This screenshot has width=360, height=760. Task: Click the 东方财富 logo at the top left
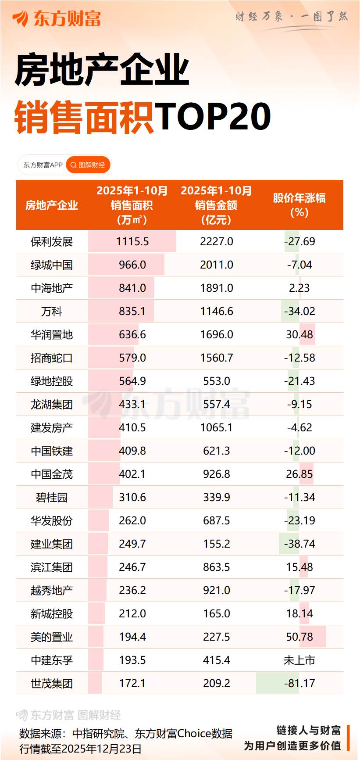pos(57,18)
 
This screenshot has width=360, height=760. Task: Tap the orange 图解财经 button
pos(88,165)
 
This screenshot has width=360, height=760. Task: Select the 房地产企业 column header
pos(52,205)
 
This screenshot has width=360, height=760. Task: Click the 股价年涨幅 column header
pos(299,204)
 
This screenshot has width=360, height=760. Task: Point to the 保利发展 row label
pos(52,241)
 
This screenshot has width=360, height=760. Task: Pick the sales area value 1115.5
pos(132,241)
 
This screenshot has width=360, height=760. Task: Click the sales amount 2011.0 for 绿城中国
pos(217,265)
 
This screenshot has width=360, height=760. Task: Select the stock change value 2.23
pos(299,288)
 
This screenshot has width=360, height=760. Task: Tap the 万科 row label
pos(52,311)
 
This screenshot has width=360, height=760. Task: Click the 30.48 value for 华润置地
pos(299,334)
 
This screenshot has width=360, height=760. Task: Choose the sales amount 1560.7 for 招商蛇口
pos(217,358)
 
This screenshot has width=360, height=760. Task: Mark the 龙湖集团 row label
pos(52,404)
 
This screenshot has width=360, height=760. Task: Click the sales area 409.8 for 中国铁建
pos(132,451)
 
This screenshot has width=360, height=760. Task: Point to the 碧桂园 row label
pos(52,497)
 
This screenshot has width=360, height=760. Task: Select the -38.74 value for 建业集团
pos(299,544)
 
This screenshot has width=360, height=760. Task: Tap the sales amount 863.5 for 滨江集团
pos(217,567)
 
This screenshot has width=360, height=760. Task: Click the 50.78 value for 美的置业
pos(299,637)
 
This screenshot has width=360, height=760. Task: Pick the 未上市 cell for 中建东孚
pos(299,660)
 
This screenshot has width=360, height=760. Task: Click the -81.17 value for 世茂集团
pos(299,683)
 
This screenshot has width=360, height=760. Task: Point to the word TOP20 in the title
pos(213,117)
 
